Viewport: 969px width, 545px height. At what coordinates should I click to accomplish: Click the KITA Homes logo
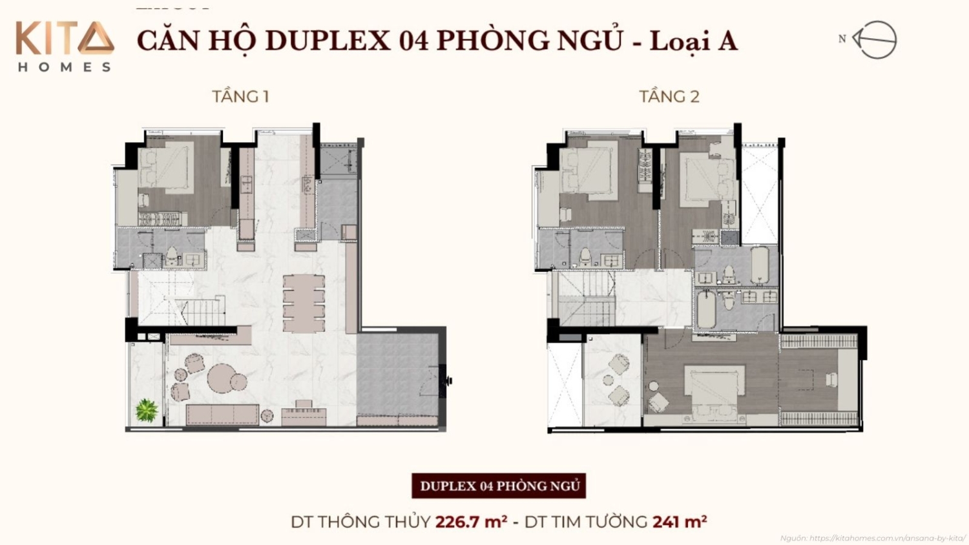pyautogui.click(x=65, y=45)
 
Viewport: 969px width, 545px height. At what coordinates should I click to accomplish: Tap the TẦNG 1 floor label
pyautogui.click(x=240, y=97)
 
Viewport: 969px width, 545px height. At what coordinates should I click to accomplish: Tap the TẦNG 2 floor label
pyautogui.click(x=669, y=97)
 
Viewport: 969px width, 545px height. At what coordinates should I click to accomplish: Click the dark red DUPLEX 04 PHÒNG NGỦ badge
pyautogui.click(x=499, y=486)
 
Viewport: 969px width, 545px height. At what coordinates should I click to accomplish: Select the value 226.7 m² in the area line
pyautogui.click(x=471, y=522)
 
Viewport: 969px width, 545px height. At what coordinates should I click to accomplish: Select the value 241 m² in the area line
pyautogui.click(x=680, y=522)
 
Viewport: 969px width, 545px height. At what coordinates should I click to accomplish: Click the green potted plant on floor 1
pyautogui.click(x=147, y=410)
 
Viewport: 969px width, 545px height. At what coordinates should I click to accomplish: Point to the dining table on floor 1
pyautogui.click(x=304, y=302)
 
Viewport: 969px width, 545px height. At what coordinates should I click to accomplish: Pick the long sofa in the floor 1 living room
pyautogui.click(x=222, y=414)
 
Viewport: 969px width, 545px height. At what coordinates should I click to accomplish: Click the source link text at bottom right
pyautogui.click(x=872, y=538)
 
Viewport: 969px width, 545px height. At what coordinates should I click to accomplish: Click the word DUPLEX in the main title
pyautogui.click(x=328, y=41)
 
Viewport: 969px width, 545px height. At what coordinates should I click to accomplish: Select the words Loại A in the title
pyautogui.click(x=693, y=41)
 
